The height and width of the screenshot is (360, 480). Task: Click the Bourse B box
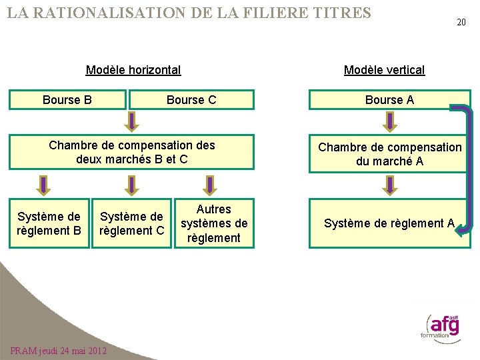[67, 100]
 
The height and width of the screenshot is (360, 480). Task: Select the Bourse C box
[191, 100]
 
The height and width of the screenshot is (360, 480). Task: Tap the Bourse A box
[389, 100]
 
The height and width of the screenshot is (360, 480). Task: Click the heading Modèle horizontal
[133, 69]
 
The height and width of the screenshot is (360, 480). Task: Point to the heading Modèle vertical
[384, 69]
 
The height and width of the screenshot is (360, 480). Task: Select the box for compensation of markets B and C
[132, 152]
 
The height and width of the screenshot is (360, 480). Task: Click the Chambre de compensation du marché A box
[389, 154]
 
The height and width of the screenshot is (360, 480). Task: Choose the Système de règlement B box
[49, 223]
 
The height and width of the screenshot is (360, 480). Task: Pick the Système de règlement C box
[132, 223]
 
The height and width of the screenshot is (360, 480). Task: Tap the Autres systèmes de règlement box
[214, 223]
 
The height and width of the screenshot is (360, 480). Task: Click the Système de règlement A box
[389, 223]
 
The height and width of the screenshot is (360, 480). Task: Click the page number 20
[461, 22]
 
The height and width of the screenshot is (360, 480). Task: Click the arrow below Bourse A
[389, 121]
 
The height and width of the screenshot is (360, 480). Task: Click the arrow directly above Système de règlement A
[389, 186]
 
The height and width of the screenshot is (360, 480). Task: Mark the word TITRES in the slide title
[339, 12]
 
